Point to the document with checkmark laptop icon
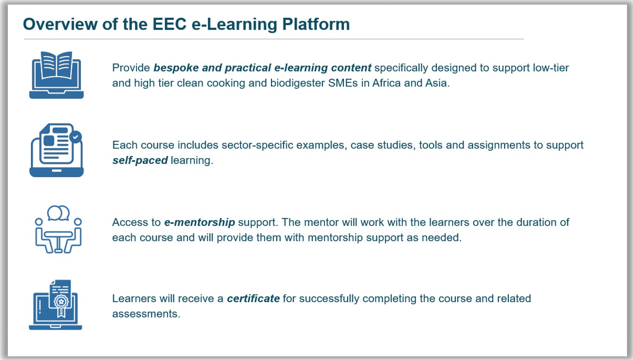(56, 150)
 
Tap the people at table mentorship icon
(58, 229)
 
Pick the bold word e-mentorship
(200, 222)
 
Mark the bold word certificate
(253, 298)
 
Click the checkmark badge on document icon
(76, 137)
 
